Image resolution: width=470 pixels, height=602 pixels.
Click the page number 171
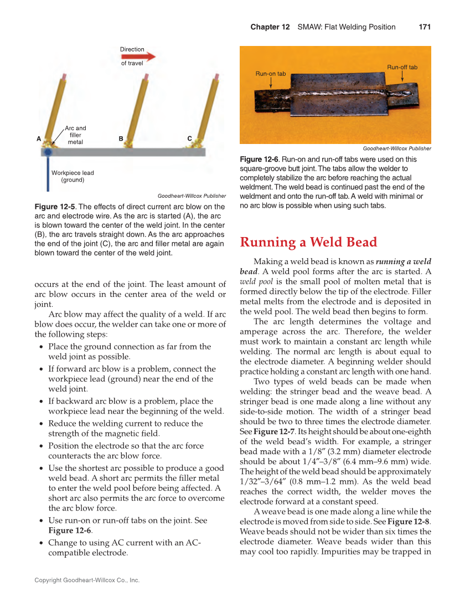coord(425,27)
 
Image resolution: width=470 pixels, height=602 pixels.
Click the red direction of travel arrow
coord(146,56)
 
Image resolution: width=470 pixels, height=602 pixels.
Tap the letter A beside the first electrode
coord(39,138)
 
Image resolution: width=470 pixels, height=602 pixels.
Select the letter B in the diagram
coord(121,138)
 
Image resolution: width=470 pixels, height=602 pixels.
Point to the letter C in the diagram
coord(189,138)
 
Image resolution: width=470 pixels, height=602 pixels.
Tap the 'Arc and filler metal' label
coord(75,135)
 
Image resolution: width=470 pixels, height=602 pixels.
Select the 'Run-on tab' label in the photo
coord(270,74)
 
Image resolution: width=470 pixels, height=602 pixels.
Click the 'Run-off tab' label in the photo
coord(402,67)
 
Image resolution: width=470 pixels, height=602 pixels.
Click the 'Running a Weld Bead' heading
coord(308,242)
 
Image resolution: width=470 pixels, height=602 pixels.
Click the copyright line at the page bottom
coord(87,580)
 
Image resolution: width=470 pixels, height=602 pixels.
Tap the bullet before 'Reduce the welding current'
coord(43,424)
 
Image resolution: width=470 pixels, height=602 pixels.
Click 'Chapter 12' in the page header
coord(270,27)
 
